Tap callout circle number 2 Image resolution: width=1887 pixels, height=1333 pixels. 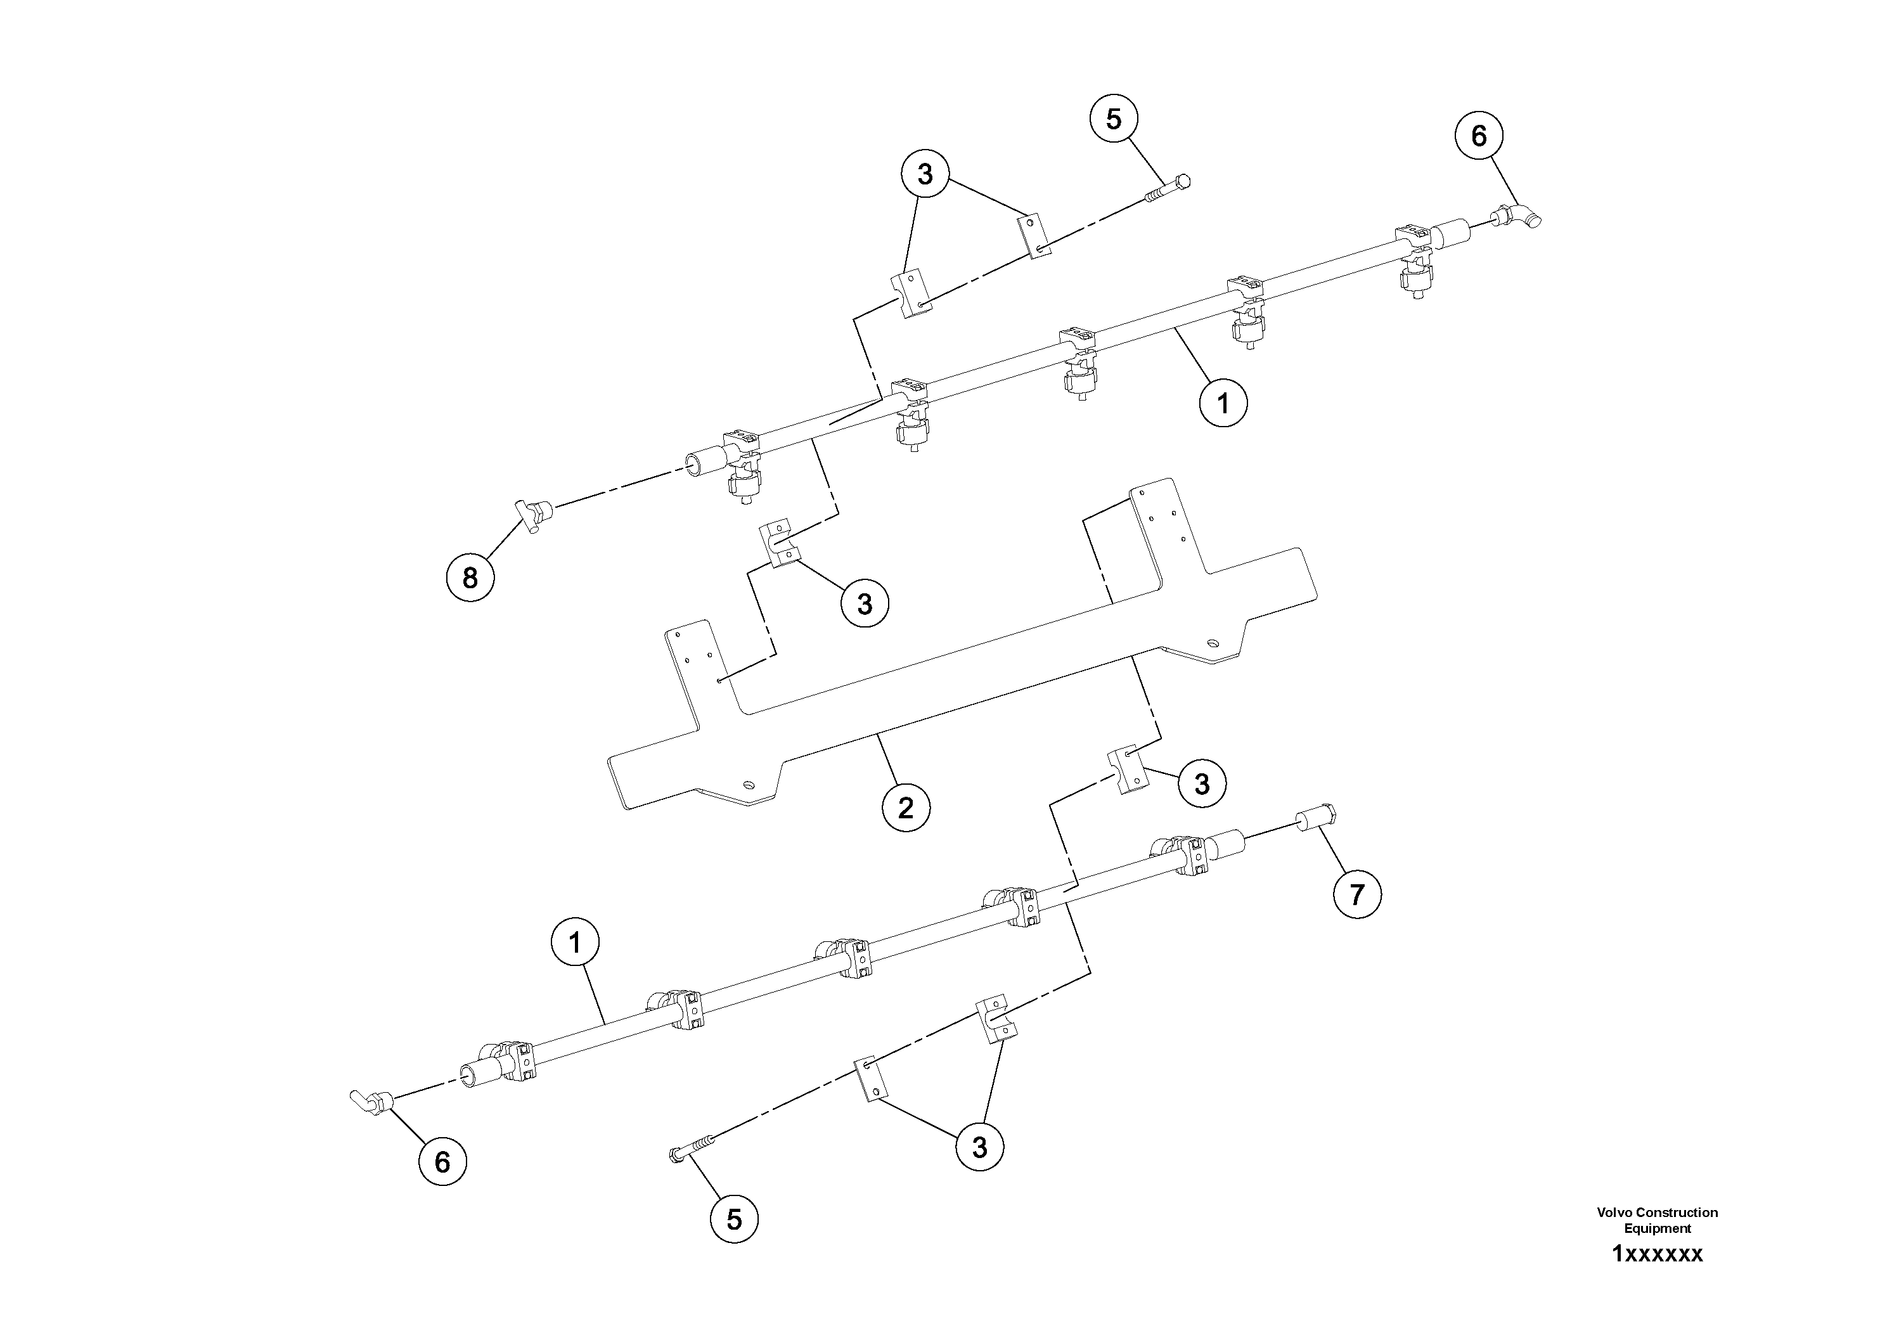point(906,808)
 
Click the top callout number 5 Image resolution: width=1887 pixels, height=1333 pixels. point(1114,119)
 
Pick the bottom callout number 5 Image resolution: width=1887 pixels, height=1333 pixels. point(734,1219)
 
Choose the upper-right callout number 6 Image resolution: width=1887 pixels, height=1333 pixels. point(1479,136)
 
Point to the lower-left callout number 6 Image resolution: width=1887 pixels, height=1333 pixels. point(442,1161)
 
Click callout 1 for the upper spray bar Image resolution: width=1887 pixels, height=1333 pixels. point(1223,404)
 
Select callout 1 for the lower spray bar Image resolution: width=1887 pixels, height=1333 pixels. point(576,943)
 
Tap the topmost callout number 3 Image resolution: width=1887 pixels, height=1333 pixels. point(925,174)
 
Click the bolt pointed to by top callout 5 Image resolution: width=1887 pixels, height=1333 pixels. point(1167,189)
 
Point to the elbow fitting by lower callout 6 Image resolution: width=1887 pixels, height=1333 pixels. point(370,1100)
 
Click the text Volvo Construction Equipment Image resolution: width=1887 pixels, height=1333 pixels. point(1657,1220)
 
